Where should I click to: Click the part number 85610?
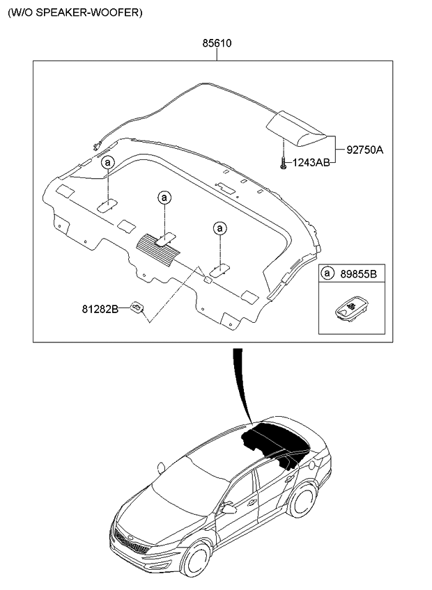click(217, 43)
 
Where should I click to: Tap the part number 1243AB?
click(311, 163)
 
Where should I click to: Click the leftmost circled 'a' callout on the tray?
click(107, 163)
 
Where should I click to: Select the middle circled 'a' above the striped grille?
click(164, 198)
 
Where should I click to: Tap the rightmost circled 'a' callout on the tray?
click(219, 228)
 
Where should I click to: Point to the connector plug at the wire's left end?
click(94, 145)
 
